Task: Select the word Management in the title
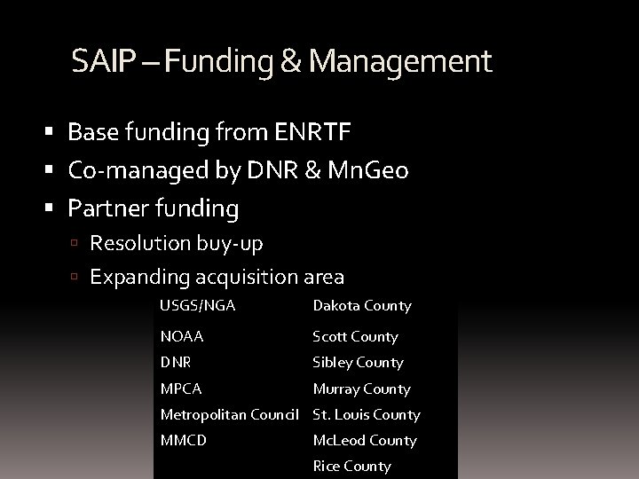click(399, 62)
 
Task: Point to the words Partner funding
click(154, 209)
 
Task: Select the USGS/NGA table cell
click(197, 305)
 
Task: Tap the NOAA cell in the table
click(182, 337)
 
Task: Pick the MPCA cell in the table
click(181, 389)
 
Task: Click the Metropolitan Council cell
click(233, 414)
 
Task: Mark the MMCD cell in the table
click(183, 440)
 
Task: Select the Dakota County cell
click(362, 306)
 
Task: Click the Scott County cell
click(355, 337)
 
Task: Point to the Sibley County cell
click(358, 363)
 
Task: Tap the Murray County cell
click(361, 389)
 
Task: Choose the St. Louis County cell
click(367, 414)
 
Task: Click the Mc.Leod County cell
click(365, 440)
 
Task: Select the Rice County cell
click(351, 467)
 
